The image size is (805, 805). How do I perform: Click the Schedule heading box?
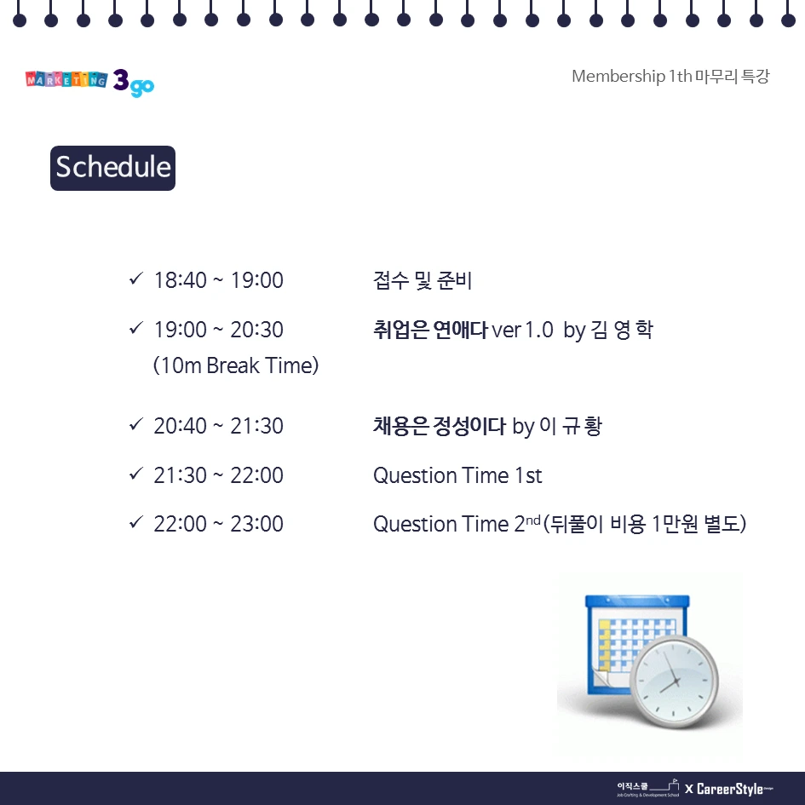[x=112, y=167]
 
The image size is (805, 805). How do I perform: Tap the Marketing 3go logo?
[x=89, y=82]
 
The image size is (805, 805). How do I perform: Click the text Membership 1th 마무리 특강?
[x=670, y=77]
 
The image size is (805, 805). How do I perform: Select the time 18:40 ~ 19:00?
[x=218, y=280]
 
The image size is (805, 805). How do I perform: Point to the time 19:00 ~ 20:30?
[x=218, y=330]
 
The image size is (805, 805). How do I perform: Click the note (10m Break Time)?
[x=236, y=365]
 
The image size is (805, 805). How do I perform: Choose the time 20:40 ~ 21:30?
[x=218, y=426]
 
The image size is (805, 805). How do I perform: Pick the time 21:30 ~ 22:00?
[x=218, y=475]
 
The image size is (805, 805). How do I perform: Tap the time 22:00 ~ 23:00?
[x=218, y=524]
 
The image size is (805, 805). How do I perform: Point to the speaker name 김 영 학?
[x=621, y=330]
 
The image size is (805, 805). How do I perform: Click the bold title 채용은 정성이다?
[x=439, y=426]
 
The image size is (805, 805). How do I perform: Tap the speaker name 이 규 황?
[x=570, y=426]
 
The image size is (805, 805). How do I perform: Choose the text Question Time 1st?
[x=457, y=475]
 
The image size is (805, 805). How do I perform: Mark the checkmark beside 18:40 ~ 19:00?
[x=135, y=279]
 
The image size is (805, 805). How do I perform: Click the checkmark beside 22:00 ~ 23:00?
[x=135, y=522]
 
